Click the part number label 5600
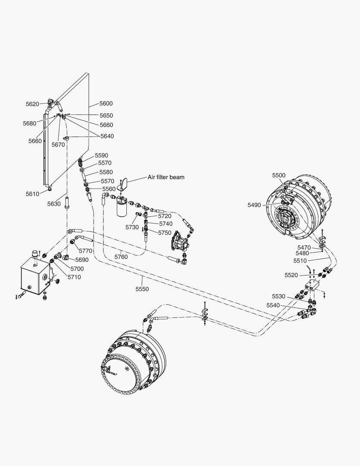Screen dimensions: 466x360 106,104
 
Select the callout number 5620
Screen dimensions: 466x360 32,104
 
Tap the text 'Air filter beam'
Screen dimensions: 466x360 166,177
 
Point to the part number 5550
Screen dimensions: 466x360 141,289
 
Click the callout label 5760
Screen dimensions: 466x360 121,257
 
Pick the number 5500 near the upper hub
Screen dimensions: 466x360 279,175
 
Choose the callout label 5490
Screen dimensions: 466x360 254,205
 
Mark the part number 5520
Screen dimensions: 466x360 291,275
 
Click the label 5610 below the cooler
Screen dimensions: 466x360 33,194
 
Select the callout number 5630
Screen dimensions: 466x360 54,204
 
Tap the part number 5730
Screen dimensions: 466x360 132,227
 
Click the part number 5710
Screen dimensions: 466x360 74,277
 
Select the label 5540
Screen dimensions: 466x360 273,305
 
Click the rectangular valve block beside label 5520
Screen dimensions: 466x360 311,283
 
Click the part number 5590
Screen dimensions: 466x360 102,155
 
